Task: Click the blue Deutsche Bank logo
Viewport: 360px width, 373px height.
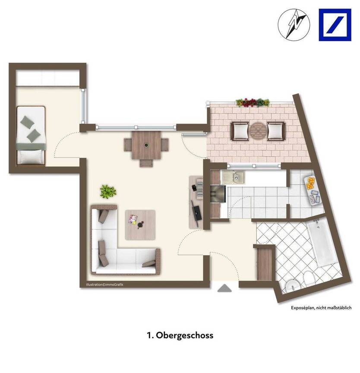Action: point(335,25)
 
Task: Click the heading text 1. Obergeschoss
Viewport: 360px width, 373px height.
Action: point(180,335)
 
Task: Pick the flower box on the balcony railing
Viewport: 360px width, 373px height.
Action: point(253,102)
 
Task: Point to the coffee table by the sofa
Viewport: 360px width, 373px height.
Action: point(140,224)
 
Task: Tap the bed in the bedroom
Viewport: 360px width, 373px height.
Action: point(31,135)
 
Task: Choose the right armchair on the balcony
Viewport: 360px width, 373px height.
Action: point(276,131)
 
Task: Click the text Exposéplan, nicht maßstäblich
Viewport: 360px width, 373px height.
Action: point(321,307)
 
